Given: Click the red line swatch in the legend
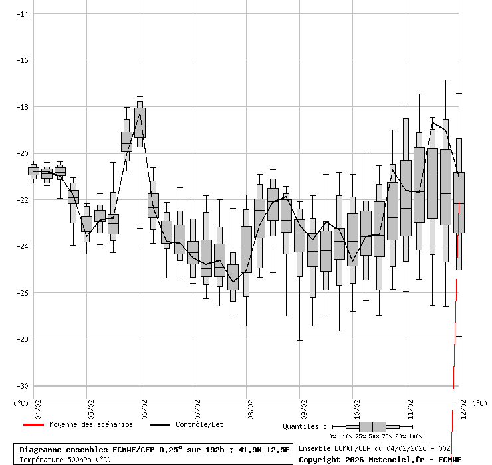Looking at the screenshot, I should click(33, 425).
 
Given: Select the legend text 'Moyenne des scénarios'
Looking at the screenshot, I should click(91, 424).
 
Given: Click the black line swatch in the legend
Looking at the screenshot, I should click(160, 425).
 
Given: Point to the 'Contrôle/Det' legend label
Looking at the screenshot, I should click(199, 424).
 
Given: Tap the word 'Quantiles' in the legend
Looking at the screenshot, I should click(304, 426).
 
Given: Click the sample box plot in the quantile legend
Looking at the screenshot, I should click(372, 426).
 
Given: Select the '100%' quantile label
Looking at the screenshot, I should click(415, 436).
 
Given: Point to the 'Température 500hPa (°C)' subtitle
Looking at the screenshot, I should click(65, 459).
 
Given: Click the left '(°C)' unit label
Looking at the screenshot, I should click(21, 403).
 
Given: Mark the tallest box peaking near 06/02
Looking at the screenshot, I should click(140, 122).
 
